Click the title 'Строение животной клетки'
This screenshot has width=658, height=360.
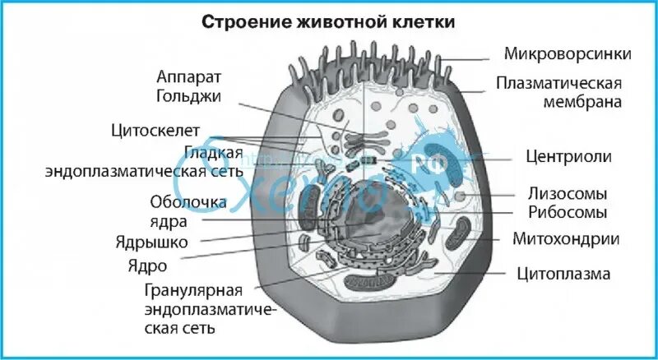coord(329,22)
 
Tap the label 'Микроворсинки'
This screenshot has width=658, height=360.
coord(568,54)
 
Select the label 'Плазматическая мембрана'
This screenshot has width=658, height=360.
coord(558,93)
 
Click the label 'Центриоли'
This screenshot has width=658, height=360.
coord(568,156)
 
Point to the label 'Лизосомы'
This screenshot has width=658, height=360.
coord(567,195)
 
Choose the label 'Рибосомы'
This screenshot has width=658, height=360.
coord(567,213)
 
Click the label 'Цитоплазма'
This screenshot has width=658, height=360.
coord(563,273)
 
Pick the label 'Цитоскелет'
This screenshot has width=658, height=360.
coord(159,131)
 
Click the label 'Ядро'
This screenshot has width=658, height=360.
coord(147,265)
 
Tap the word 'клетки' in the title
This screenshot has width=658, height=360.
coord(424,22)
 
